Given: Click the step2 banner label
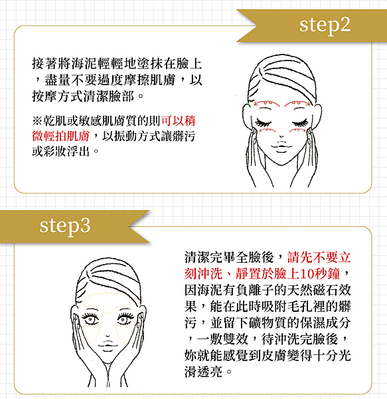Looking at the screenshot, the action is (325, 26).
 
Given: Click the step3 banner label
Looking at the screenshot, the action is (65, 226).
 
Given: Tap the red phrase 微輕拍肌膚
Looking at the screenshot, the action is (60, 136).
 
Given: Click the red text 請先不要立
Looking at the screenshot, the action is (319, 257).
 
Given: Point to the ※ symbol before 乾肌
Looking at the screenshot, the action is (37, 120).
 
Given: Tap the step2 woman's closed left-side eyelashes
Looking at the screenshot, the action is (264, 123).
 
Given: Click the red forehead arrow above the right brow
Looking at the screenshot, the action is (297, 103).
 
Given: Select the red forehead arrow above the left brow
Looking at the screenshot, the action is (266, 103).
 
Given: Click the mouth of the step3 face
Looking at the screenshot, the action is (108, 345).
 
